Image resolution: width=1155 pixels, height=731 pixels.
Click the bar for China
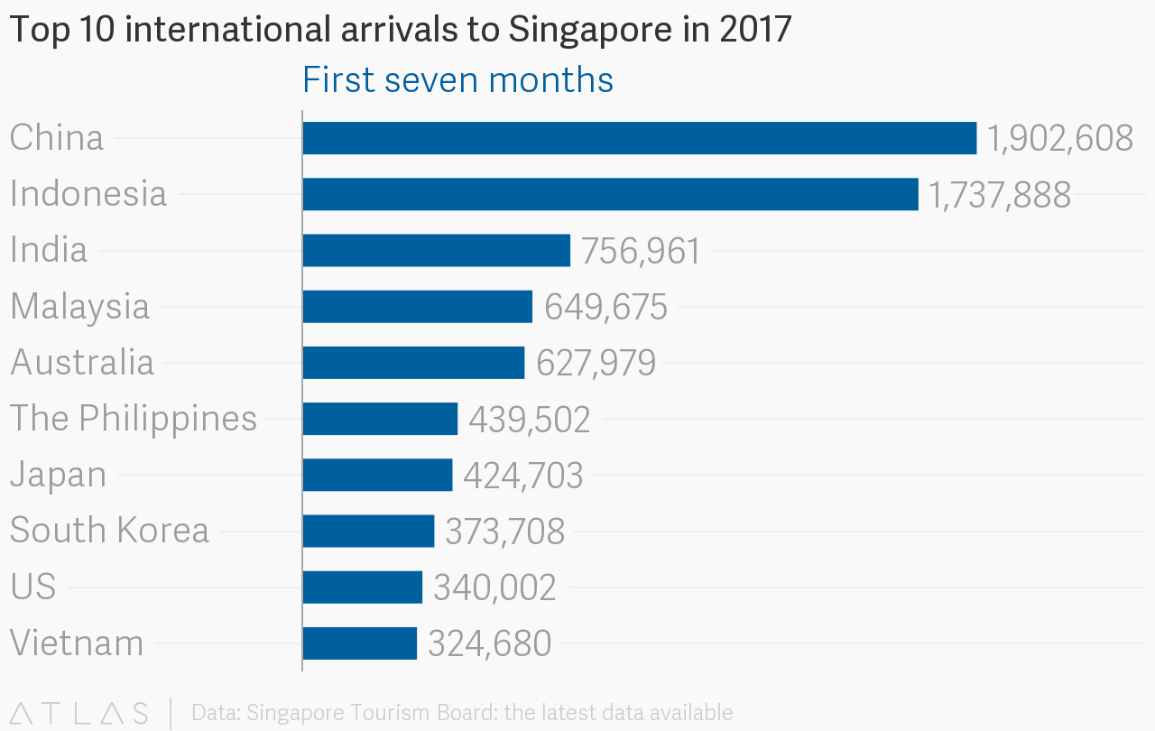point(640,138)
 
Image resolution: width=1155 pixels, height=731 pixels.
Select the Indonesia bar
point(611,194)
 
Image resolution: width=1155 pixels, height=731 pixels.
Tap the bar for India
point(436,251)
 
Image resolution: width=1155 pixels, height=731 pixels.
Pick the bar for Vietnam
point(359,643)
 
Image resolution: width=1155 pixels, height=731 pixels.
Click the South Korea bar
point(368,531)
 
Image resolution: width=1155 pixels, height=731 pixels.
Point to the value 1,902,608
point(1059,139)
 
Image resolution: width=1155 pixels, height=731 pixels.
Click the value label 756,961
point(641,251)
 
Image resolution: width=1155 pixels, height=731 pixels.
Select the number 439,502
point(529,419)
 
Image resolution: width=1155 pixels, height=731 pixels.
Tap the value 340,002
point(494,588)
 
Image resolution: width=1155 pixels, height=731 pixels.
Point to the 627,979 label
point(596,363)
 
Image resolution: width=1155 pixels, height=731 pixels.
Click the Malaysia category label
point(80,307)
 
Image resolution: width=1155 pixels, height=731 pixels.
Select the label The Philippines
point(133,419)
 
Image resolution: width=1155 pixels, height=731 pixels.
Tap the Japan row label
point(59,476)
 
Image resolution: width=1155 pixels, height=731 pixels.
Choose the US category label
point(33,587)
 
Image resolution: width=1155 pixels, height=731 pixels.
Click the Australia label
point(82,362)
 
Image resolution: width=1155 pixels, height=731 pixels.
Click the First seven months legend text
point(457,80)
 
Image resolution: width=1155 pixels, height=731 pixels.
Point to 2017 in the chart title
point(755,29)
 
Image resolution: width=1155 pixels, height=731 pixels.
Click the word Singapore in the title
point(590,31)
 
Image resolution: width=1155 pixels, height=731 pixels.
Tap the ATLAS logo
point(79,714)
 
